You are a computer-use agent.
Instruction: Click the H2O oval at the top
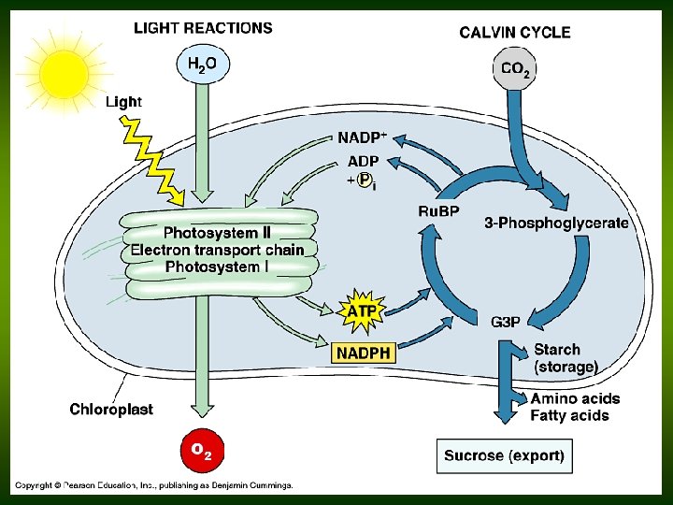point(203,65)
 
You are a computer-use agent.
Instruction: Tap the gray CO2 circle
point(514,68)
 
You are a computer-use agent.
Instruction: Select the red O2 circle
point(203,451)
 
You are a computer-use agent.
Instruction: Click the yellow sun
point(64,74)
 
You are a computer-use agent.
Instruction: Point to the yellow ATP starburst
point(361,311)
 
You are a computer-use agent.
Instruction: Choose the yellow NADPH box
point(363,353)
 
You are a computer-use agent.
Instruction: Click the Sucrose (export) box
point(505,456)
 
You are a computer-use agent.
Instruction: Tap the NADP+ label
point(363,137)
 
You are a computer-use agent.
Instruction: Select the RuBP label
point(438,211)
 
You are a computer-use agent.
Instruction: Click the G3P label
point(506,322)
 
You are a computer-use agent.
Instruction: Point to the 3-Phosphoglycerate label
point(557,224)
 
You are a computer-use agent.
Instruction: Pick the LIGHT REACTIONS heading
point(203,28)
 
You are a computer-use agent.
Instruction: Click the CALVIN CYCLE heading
point(515,33)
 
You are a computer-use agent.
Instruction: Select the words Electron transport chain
point(217,250)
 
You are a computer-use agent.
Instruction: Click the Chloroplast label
point(111,409)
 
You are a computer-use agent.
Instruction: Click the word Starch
point(557,350)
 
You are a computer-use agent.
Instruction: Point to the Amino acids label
point(575,398)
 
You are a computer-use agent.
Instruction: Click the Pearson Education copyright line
point(154,485)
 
